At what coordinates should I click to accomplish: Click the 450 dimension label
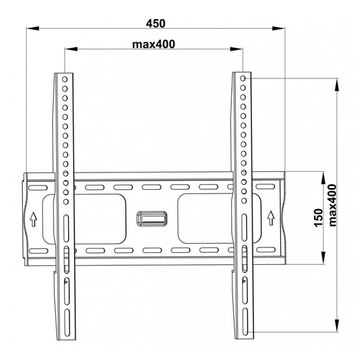(155, 23)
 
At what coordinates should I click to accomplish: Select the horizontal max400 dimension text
(153, 44)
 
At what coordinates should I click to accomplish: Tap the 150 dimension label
(319, 218)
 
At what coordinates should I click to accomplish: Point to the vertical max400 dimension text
(333, 206)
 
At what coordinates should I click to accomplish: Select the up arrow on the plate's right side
(271, 218)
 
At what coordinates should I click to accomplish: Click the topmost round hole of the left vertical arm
(65, 80)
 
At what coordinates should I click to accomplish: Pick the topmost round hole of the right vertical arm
(243, 78)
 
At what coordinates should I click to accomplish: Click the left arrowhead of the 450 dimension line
(32, 28)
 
